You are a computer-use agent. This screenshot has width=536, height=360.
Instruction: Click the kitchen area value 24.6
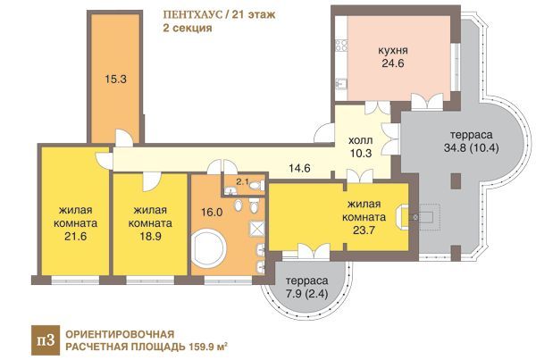pyautogui.click(x=393, y=63)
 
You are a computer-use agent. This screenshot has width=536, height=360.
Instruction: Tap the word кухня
pyautogui.click(x=393, y=50)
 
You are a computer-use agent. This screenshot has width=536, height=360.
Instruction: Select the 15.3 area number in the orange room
pyautogui.click(x=115, y=79)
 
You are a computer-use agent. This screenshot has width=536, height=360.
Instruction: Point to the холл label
pyautogui.click(x=361, y=140)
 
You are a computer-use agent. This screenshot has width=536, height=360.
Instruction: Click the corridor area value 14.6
pyautogui.click(x=299, y=168)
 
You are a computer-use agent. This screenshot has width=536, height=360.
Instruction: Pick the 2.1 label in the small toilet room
pyautogui.click(x=242, y=182)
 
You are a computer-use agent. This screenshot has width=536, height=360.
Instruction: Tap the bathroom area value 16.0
pyautogui.click(x=212, y=212)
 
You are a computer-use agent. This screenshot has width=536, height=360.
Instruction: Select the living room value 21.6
pyautogui.click(x=76, y=236)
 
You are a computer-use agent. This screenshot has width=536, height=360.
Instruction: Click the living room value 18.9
pyautogui.click(x=150, y=236)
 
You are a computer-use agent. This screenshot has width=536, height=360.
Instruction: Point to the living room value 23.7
pyautogui.click(x=364, y=230)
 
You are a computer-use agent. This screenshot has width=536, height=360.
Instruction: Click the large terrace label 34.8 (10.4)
pyautogui.click(x=472, y=147)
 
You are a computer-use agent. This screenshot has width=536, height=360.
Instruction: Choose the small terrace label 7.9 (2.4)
pyautogui.click(x=306, y=293)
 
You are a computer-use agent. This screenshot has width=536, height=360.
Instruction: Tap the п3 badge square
pyautogui.click(x=46, y=340)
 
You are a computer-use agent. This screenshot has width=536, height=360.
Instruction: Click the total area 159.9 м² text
pyautogui.click(x=208, y=347)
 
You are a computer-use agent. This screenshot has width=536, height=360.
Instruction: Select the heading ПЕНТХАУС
pyautogui.click(x=192, y=15)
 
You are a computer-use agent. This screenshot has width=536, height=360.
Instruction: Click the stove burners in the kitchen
pyautogui.click(x=341, y=46)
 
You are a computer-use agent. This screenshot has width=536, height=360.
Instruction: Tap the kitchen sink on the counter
pyautogui.click(x=340, y=83)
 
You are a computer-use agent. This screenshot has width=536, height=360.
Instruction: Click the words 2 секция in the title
pyautogui.click(x=188, y=28)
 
